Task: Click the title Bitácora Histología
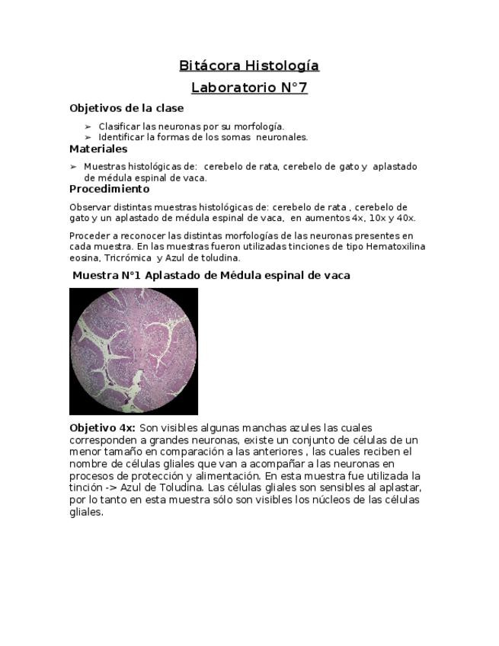point(249,66)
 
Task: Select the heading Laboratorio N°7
point(249,88)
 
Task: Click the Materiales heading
point(98,149)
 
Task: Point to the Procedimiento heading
point(110,189)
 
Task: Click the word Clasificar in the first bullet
point(119,126)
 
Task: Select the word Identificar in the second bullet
point(121,137)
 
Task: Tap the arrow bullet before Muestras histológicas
point(73,166)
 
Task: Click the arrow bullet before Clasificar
point(88,126)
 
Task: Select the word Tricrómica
point(128,257)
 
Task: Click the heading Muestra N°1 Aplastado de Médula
point(211,276)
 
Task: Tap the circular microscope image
point(133,351)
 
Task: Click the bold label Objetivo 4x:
point(102,428)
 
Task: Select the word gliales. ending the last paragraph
point(86,512)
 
